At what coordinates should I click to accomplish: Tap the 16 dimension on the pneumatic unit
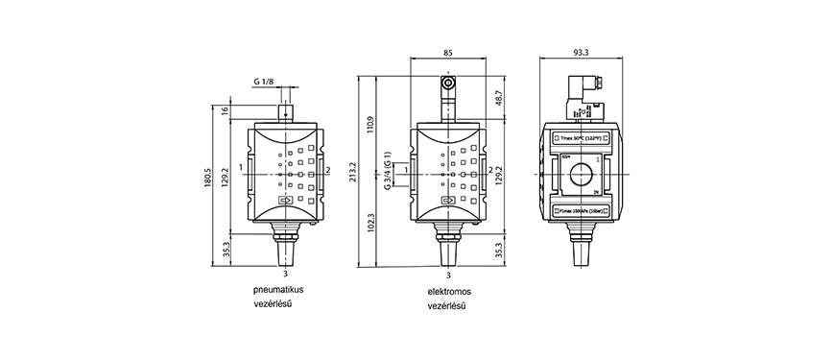tap(226, 111)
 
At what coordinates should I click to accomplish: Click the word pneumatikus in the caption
tap(277, 289)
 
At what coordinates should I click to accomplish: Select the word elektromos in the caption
tap(450, 289)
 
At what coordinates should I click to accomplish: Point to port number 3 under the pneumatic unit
tap(286, 275)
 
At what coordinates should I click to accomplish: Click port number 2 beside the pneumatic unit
tap(330, 170)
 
